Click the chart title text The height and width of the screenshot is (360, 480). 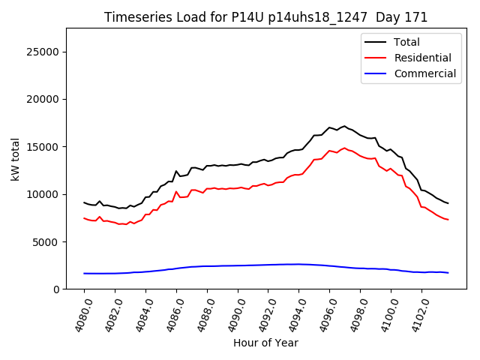point(265,17)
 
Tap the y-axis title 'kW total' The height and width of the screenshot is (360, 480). point(16,159)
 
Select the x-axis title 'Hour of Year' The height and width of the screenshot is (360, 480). point(265,343)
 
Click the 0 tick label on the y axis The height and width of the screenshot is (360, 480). point(56,289)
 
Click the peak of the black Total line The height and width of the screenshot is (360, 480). point(344,126)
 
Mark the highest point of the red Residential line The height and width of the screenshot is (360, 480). point(344,148)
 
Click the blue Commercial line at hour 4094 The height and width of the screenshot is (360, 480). point(298,264)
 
